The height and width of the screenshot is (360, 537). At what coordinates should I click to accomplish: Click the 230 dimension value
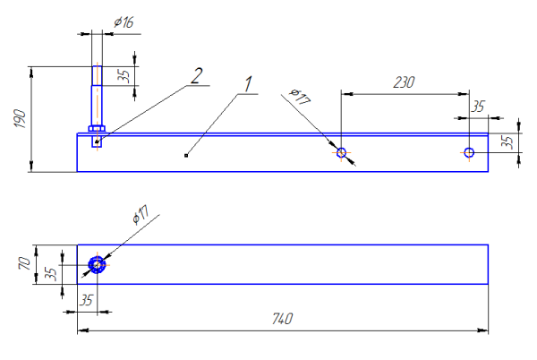point(405,81)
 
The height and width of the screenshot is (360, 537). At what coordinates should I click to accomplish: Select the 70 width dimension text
point(26,265)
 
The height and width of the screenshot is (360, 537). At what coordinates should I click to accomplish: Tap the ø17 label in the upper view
point(301,97)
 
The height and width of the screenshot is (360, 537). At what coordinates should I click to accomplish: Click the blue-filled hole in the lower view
point(98,266)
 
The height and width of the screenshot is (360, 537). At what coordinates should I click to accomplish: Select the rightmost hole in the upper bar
point(468,152)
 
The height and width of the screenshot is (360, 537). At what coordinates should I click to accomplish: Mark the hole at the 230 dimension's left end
point(341,152)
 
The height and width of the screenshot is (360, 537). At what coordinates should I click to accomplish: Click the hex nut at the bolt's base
point(98,129)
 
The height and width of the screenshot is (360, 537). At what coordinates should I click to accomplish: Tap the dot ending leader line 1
point(185,156)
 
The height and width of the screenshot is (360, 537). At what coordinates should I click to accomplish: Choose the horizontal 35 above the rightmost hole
point(478,107)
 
